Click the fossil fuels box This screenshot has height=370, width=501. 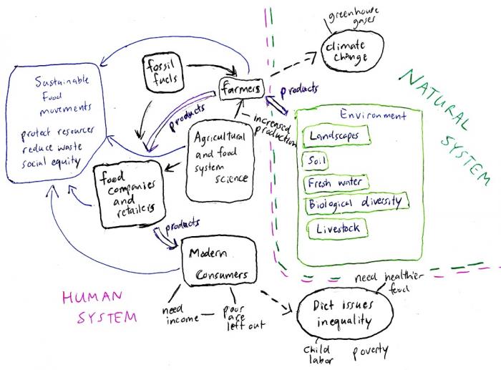click(157, 74)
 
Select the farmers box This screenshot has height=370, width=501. click(241, 89)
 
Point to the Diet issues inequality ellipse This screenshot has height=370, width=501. click(344, 313)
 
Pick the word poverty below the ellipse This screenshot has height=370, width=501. click(369, 351)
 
